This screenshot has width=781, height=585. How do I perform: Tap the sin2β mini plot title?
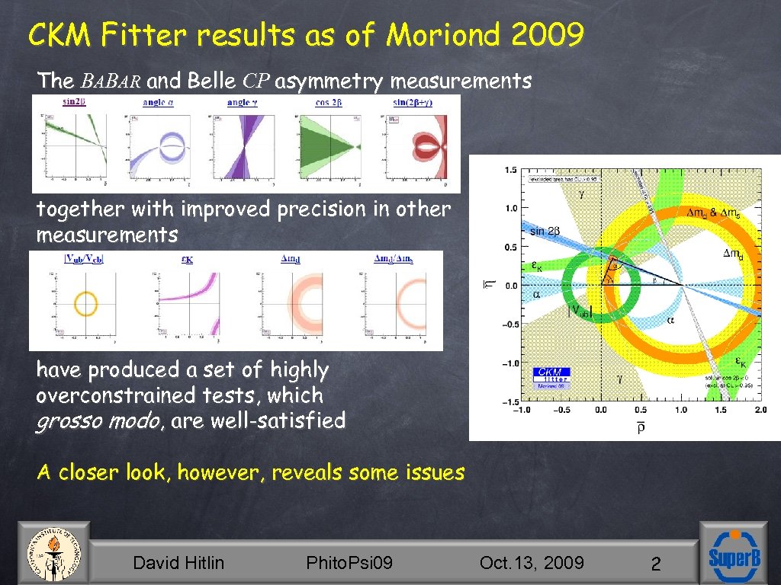point(73,103)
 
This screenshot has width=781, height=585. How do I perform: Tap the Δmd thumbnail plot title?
point(291,259)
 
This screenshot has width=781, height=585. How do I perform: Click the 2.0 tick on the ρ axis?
point(760,410)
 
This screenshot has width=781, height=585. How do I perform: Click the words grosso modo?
point(83,420)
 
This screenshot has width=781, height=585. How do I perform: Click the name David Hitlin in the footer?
point(178,563)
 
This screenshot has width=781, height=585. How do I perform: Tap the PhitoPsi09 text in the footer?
point(349,563)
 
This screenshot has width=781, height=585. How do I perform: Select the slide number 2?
point(654,564)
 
